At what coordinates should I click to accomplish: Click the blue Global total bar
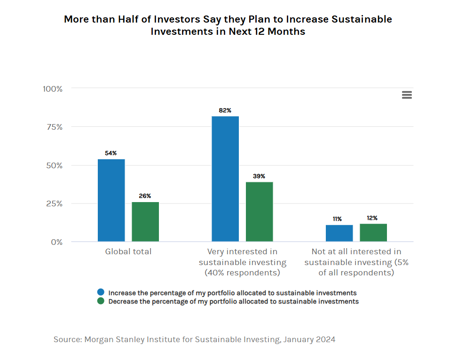tap(111, 200)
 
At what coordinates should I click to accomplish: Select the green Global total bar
tap(145, 222)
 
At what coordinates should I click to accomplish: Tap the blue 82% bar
tap(225, 179)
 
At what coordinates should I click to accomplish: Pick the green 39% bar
tap(260, 212)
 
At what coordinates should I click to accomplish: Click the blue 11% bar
tap(339, 233)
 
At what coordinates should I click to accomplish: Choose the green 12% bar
tap(373, 233)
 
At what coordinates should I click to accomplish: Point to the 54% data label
tap(111, 153)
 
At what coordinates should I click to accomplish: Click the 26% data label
tap(145, 196)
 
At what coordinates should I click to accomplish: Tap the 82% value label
tap(225, 110)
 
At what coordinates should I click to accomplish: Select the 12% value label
tap(372, 218)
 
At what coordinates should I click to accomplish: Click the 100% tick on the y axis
tap(53, 89)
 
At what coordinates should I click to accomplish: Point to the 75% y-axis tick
tap(55, 127)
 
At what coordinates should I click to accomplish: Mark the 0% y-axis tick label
tap(57, 242)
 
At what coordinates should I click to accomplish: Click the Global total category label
tap(128, 251)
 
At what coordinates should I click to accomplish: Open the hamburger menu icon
tap(407, 95)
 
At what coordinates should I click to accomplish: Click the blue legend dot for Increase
tap(101, 292)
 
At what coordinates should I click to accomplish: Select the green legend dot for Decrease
tap(101, 301)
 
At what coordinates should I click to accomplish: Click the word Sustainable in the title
tap(362, 19)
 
